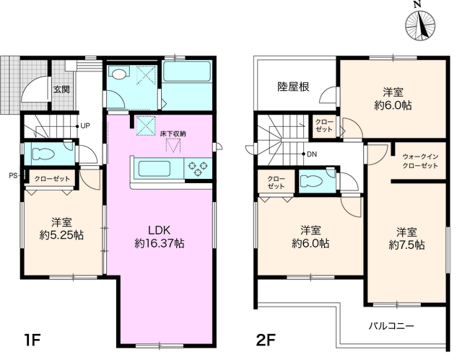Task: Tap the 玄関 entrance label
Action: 61,90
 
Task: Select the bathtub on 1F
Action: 186,71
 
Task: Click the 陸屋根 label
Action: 294,87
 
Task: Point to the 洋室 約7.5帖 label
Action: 406,239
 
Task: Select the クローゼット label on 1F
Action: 50,177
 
